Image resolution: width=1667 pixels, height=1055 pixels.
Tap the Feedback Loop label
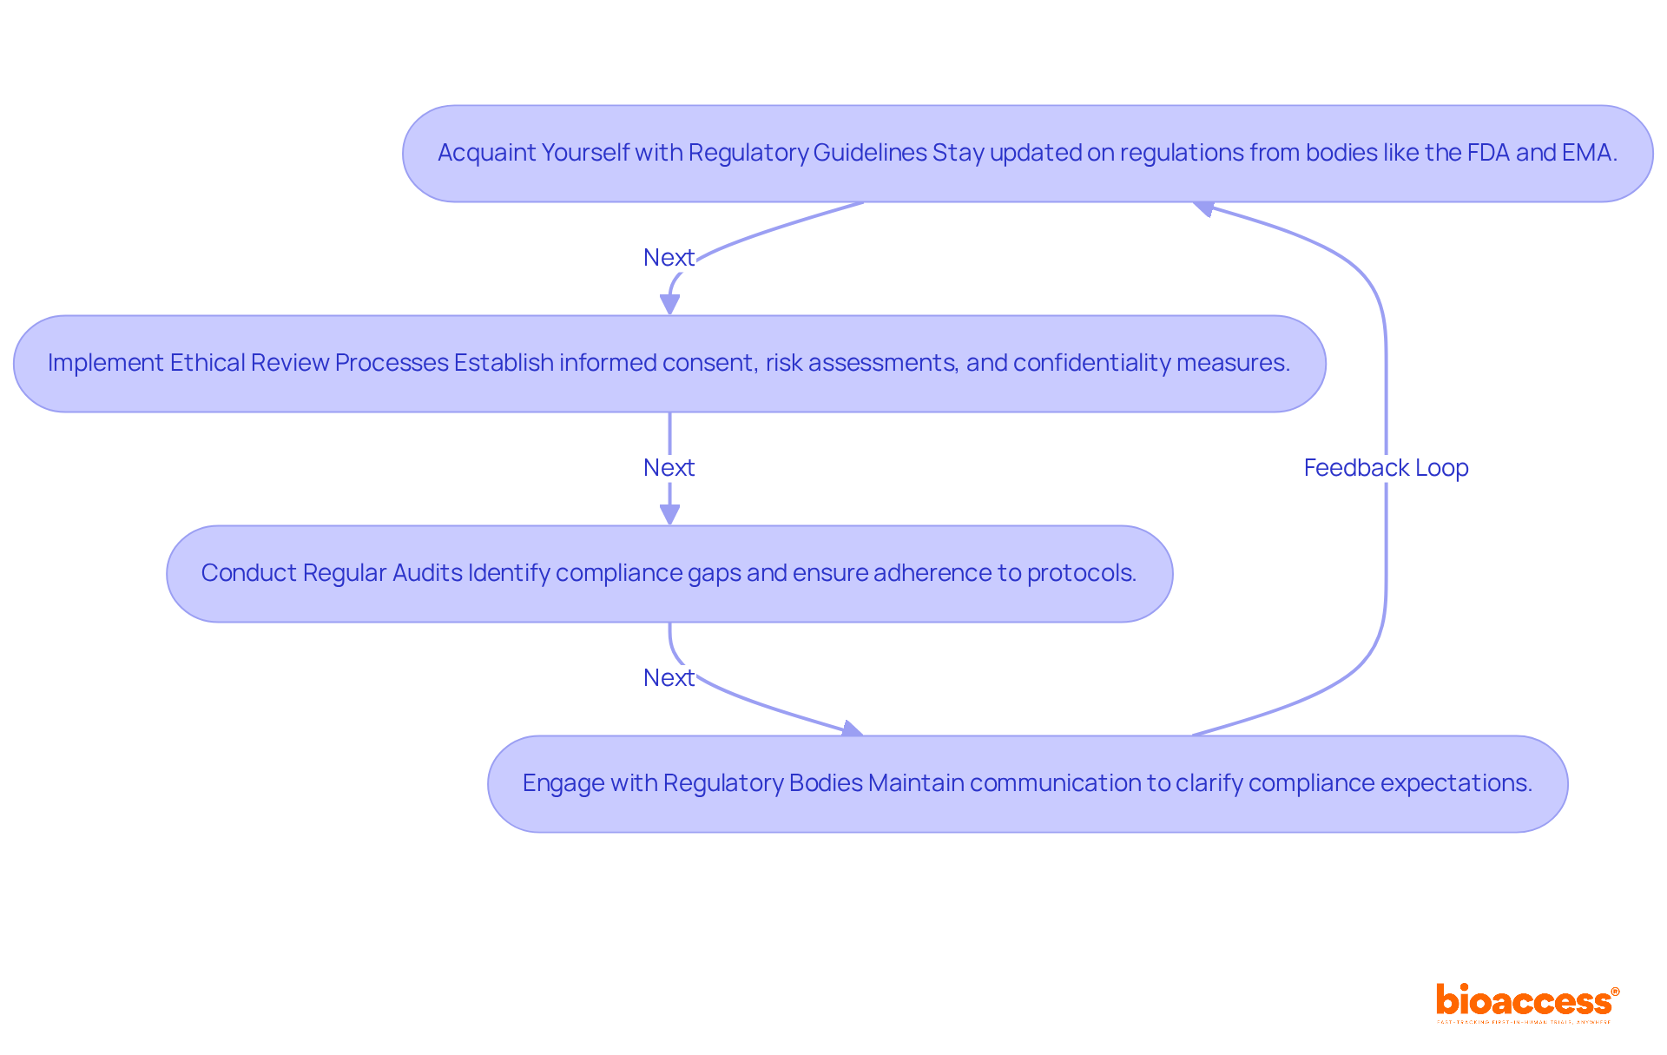point(1386,468)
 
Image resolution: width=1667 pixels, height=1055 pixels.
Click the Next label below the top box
point(669,258)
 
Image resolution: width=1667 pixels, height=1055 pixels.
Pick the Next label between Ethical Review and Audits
point(669,468)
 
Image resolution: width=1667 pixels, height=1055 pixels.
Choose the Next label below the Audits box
point(669,678)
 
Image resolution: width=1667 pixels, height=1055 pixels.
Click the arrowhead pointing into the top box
point(1203,208)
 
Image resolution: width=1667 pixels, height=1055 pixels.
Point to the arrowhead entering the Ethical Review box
point(669,305)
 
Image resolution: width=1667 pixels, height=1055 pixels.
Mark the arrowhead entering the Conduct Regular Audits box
point(669,515)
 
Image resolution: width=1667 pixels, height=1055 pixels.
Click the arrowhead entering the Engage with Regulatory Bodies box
point(853,729)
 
